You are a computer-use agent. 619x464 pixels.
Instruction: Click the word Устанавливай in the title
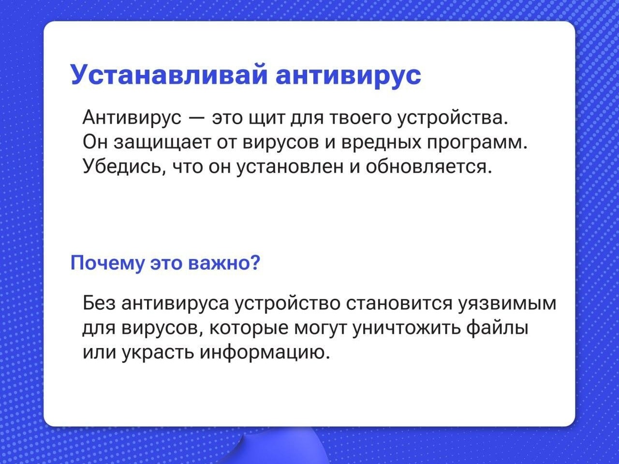tap(169, 74)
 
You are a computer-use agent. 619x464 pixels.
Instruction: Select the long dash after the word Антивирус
tap(197, 118)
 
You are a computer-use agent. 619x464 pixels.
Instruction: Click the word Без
tap(99, 304)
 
